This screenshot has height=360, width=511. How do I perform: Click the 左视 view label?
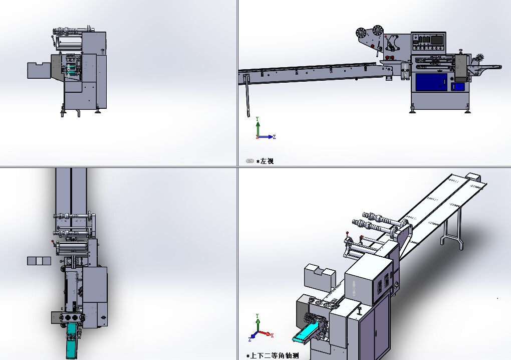tap(267, 161)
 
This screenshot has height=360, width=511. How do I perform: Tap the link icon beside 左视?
tap(250, 161)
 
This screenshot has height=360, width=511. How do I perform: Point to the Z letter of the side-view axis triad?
tap(275, 137)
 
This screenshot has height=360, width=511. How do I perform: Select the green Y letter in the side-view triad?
tap(258, 119)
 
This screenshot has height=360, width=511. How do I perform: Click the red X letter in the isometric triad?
tap(272, 335)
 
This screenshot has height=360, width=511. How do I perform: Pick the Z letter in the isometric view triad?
tap(249, 339)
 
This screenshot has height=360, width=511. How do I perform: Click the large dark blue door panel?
tap(431, 82)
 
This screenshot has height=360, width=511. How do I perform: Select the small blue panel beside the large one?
tap(458, 87)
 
